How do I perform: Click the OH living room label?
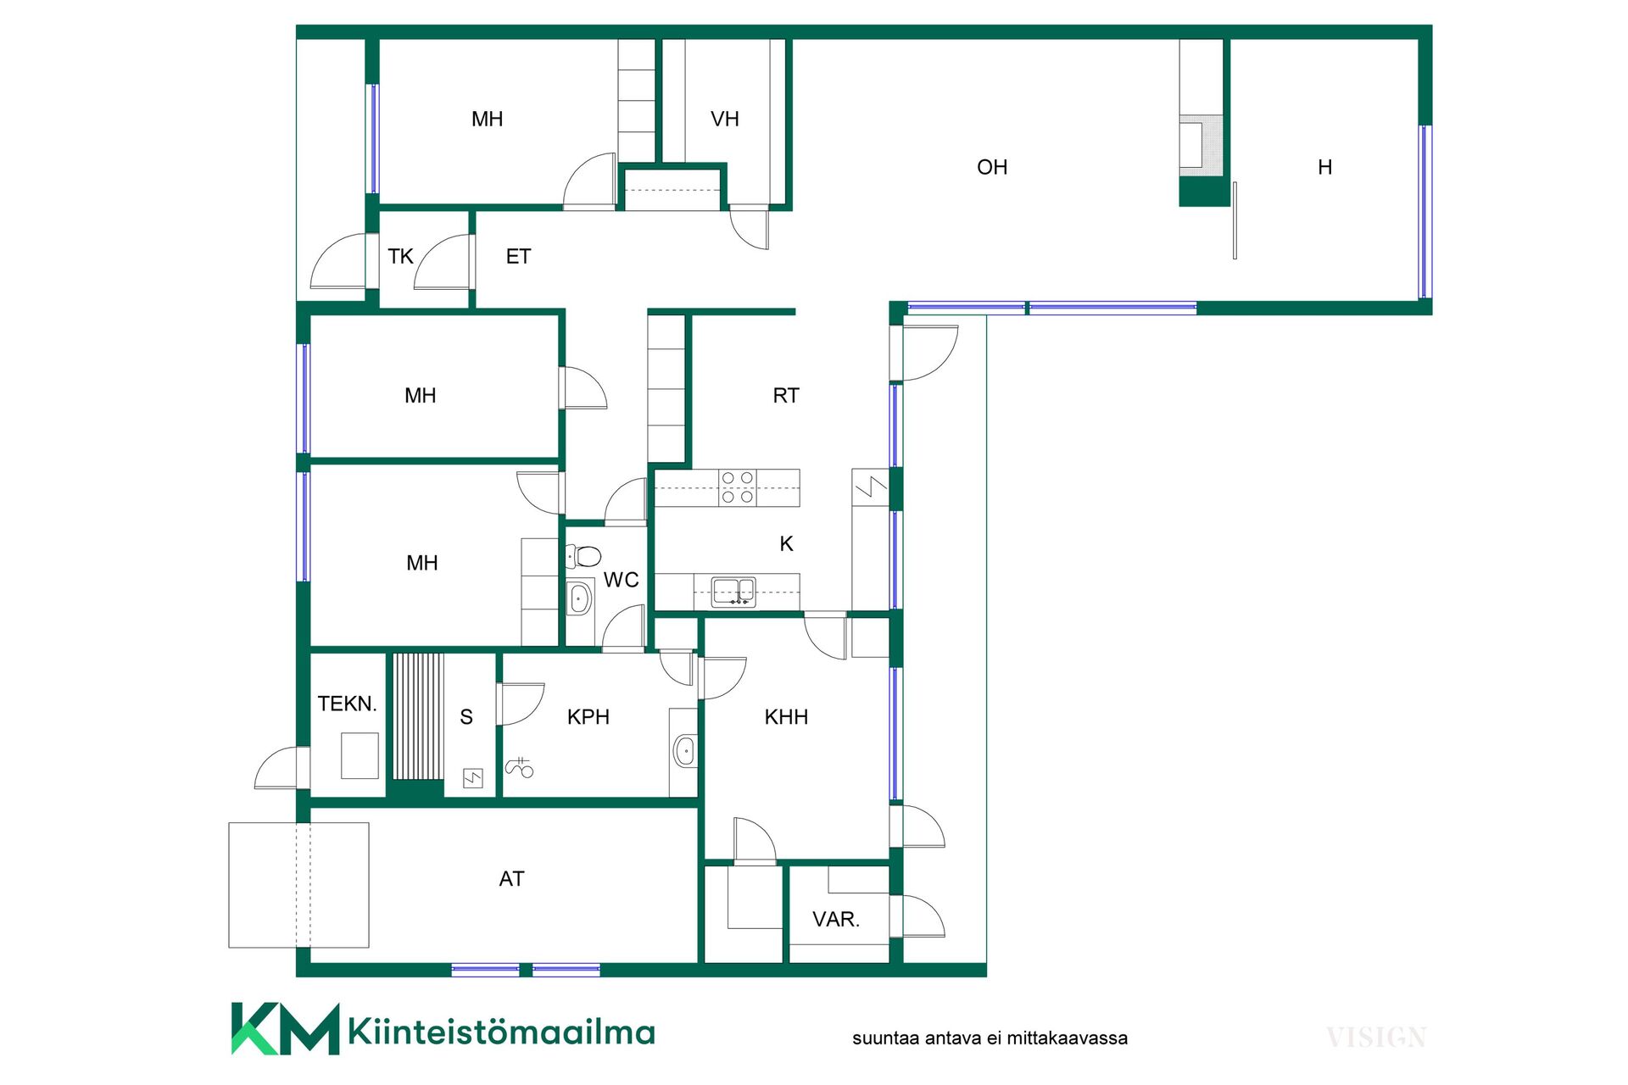992,167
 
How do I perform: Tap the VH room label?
725,120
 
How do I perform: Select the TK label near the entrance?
400,256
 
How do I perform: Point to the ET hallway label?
518,256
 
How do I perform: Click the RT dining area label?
786,395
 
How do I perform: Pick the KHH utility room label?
786,717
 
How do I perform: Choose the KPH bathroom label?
588,717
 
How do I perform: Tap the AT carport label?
511,879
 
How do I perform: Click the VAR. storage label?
836,920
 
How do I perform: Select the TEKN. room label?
347,704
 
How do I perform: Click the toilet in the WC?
583,556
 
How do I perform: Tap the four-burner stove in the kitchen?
737,487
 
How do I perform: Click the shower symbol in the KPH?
519,767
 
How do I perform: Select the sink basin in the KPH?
683,751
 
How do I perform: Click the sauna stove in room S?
472,777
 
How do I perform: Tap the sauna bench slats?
418,716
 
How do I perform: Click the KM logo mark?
286,1029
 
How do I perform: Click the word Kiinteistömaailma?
502,1032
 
